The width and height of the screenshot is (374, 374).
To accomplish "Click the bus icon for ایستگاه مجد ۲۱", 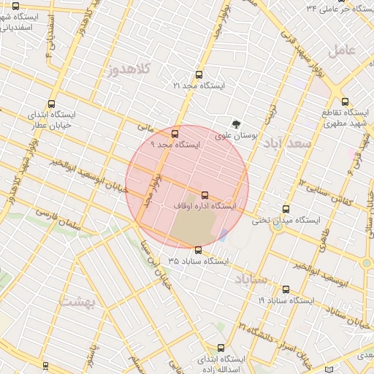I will pos(199,75).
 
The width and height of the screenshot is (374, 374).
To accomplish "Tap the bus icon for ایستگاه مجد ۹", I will pos(174,134).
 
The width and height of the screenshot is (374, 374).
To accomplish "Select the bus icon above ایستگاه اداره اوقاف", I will pos(204,196).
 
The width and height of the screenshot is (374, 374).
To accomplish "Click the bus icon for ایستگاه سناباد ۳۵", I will pos(197,250).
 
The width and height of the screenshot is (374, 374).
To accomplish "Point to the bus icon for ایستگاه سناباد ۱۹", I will pos(286,289).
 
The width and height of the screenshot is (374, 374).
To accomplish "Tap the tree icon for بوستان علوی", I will pos(236,124).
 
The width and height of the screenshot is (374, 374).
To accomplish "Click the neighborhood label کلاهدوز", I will pos(128,70).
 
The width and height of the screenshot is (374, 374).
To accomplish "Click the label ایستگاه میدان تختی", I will pos(287,219).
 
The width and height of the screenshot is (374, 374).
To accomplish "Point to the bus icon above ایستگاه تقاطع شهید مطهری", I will pos(346,102).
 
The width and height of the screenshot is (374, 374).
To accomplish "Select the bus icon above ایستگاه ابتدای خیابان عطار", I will pos(51,104).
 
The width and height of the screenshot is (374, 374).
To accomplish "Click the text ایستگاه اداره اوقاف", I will pos(205,207).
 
